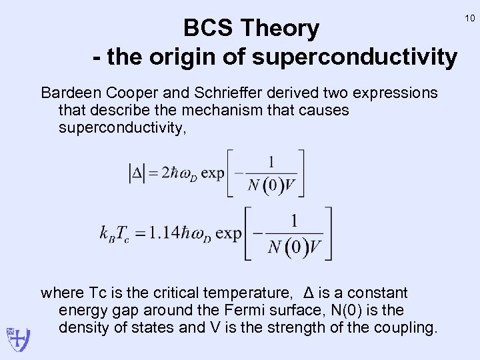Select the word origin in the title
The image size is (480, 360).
coord(189,57)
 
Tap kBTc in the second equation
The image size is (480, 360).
coord(115,234)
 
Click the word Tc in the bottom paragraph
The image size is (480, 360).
coord(97,293)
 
